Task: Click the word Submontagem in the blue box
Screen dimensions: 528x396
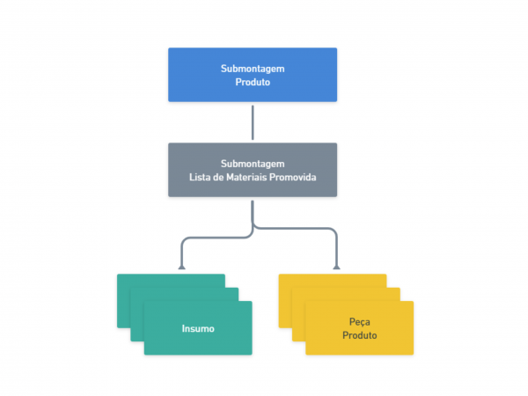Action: click(x=253, y=69)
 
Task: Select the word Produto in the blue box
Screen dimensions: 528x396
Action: click(x=253, y=82)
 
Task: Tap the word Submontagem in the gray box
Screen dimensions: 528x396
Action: click(x=253, y=165)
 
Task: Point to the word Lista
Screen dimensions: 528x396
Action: click(x=200, y=177)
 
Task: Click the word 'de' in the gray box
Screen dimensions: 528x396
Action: click(x=218, y=177)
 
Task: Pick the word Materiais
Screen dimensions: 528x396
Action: click(x=246, y=177)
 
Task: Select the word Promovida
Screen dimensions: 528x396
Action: click(x=293, y=177)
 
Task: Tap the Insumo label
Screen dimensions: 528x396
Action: click(x=198, y=328)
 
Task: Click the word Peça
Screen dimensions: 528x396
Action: click(x=360, y=322)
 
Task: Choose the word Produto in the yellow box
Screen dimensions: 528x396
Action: click(x=360, y=335)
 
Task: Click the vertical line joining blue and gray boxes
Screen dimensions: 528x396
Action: click(x=253, y=122)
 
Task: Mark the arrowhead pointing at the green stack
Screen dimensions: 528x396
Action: click(x=182, y=268)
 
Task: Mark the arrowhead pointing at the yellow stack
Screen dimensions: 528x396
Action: click(x=336, y=268)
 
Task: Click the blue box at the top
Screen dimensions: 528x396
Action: click(x=253, y=75)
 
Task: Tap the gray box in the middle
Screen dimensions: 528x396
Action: click(x=253, y=170)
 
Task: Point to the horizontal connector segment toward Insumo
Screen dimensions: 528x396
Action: click(x=216, y=238)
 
